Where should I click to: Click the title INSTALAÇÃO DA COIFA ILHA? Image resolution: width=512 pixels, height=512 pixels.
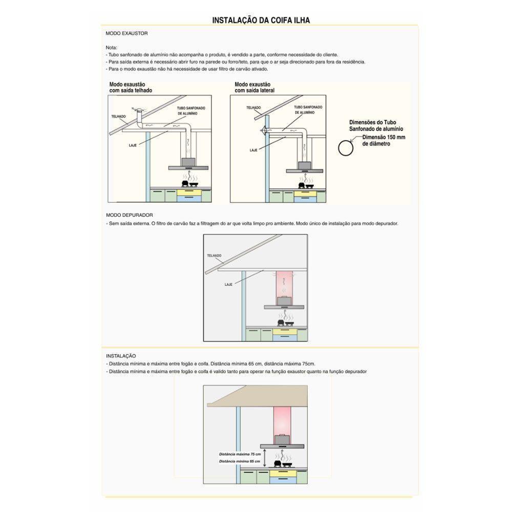point(261,20)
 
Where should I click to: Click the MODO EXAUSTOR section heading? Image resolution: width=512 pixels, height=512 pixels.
point(126,33)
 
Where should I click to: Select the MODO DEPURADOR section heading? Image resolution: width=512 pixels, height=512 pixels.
point(130,215)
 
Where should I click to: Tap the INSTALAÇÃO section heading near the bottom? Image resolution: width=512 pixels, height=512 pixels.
point(121,355)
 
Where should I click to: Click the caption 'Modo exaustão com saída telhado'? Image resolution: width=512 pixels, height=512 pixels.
point(131,87)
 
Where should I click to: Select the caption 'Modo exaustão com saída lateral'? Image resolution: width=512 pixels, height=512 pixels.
point(254,87)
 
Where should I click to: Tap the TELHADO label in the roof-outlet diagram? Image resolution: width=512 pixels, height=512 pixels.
point(118,116)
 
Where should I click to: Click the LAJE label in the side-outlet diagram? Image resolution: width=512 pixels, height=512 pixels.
point(253,151)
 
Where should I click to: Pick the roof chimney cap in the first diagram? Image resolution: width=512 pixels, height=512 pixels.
point(137,111)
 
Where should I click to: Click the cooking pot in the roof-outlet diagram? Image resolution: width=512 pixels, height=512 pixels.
point(184,183)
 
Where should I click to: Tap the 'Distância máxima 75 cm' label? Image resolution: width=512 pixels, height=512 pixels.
point(240,454)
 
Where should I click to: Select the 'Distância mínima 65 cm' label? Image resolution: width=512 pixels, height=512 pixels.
point(240,461)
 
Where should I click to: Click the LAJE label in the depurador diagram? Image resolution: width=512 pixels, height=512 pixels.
point(229,283)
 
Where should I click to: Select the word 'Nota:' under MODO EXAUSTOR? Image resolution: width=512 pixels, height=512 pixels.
point(112,47)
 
